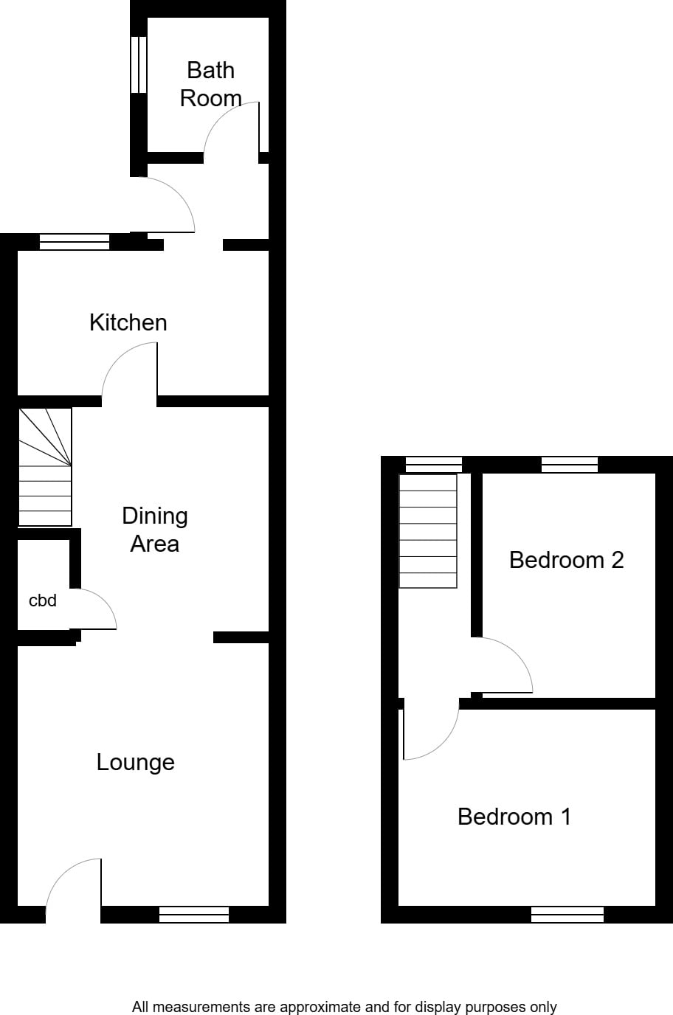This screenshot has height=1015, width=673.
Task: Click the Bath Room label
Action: point(211,84)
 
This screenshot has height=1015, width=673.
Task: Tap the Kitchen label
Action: point(128,322)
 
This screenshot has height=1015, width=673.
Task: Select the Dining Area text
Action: point(155,530)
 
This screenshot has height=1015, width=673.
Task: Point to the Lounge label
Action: point(136,763)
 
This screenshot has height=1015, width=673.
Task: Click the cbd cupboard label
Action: point(43,600)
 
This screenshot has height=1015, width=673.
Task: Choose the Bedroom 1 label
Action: point(514,817)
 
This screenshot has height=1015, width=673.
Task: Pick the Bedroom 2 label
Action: point(567,560)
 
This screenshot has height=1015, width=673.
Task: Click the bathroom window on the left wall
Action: point(139,64)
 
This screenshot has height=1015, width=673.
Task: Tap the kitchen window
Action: point(75,242)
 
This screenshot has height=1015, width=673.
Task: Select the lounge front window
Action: point(194,914)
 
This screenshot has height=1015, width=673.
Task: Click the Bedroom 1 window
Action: point(567,914)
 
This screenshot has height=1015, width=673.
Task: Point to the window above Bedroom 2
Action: point(569,465)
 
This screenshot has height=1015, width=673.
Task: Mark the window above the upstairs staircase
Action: point(433,465)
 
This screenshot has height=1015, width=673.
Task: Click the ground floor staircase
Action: point(45,467)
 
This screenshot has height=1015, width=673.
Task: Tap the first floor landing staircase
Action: point(428,531)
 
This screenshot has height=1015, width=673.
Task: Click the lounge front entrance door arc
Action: point(63,872)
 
